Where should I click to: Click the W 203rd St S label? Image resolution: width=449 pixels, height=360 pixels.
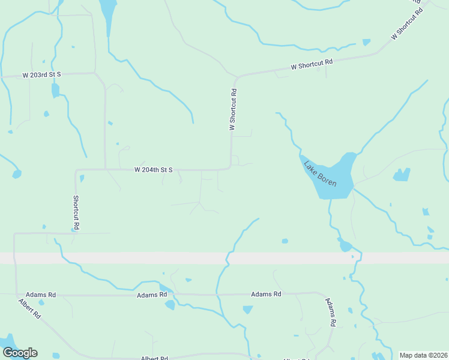[42, 75]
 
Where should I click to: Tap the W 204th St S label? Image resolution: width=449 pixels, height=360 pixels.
[153, 170]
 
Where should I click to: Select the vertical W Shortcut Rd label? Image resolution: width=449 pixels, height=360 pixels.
[234, 110]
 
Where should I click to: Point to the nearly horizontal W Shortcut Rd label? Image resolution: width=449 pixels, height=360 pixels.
[312, 64]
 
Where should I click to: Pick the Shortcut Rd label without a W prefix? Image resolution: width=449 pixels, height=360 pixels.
[76, 212]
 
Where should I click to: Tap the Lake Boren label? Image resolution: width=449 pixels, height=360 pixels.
[319, 173]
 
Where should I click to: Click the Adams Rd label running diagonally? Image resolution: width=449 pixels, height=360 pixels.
[330, 311]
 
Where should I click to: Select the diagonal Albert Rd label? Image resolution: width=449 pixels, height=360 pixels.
[29, 308]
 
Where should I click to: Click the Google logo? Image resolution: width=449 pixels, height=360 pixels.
[20, 353]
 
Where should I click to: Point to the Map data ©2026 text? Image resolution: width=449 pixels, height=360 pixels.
[423, 355]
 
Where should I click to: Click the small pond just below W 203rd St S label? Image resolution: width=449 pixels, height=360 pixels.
[55, 91]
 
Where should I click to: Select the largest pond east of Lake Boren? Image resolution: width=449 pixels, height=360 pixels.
[402, 175]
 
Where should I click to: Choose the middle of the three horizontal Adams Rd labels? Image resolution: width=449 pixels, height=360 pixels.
[151, 295]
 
